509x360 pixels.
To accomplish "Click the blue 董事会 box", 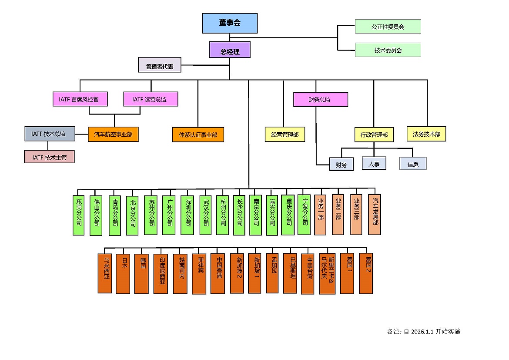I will (230, 23).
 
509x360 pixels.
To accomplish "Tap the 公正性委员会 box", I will (388, 27).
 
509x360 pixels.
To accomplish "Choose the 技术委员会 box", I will (388, 50).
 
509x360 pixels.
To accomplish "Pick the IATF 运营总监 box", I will (151, 99).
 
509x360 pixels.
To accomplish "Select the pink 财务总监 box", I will (321, 99).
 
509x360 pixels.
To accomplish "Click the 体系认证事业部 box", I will (198, 135).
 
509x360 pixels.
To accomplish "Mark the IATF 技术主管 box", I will (49, 157).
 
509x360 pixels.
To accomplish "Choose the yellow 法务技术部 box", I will (426, 134).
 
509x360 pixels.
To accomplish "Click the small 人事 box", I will (374, 164).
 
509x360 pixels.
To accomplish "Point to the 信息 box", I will (413, 164).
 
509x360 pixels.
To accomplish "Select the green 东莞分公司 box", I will (79, 215).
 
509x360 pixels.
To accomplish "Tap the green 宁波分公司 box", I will (305, 215).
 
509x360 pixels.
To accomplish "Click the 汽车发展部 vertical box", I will (375, 215).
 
